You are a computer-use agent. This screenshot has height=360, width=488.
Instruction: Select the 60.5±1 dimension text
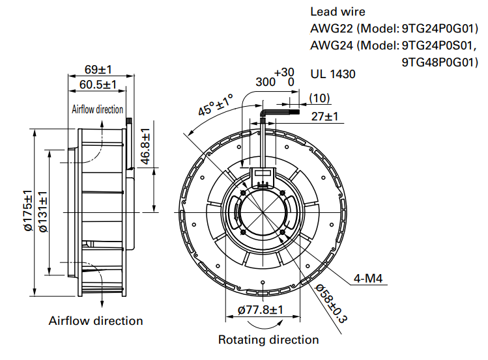point(98,85)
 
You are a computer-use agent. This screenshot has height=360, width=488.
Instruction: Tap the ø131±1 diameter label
point(43,211)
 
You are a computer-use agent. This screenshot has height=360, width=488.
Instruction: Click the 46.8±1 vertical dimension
point(145,147)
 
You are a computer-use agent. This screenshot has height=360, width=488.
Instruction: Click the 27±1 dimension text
point(324,117)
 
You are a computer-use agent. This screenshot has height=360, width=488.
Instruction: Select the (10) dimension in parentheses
point(319,98)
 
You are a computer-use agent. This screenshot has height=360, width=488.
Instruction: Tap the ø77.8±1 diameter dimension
point(260,310)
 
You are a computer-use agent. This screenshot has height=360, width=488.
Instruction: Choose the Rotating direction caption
point(268,340)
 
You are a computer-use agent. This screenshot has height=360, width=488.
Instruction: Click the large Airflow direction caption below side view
point(96,321)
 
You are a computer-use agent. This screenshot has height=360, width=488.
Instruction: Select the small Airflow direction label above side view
point(97,109)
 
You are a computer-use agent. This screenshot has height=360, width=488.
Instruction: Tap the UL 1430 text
point(333,74)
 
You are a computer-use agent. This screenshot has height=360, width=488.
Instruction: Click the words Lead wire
point(337,12)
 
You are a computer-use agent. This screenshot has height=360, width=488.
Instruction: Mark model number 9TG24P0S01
point(440,46)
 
